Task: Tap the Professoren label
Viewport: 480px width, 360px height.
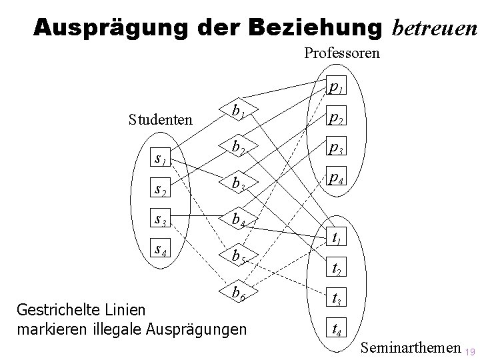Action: (342, 53)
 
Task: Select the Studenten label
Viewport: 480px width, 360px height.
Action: (161, 120)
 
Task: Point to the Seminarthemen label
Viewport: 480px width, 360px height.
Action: (411, 347)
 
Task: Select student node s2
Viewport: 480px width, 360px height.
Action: (160, 189)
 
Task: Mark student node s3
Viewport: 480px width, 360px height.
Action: (160, 219)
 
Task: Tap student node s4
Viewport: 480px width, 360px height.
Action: (160, 250)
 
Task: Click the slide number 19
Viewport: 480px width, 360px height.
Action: (470, 351)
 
